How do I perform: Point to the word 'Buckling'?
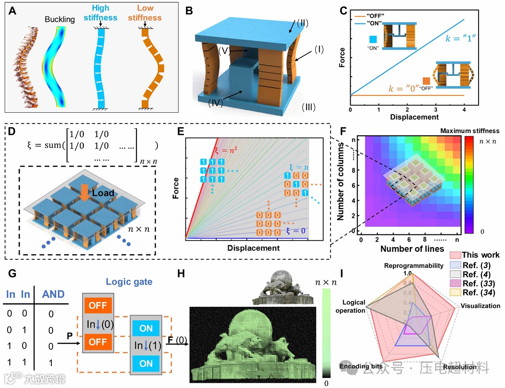point(60,20)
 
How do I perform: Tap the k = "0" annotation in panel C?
point(392,88)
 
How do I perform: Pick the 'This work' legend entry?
point(480,255)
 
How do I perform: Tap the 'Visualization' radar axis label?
point(481,306)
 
